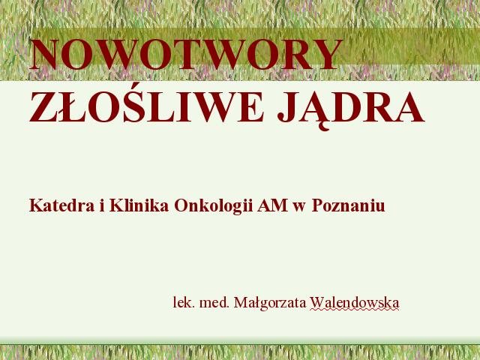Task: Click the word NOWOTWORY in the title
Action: click(x=185, y=54)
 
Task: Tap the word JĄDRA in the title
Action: click(x=351, y=109)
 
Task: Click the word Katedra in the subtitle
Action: click(x=61, y=205)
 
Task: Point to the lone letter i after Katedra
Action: click(x=102, y=205)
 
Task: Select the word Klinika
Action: click(x=139, y=205)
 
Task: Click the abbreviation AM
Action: click(x=272, y=205)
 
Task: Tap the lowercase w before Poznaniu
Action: click(x=299, y=207)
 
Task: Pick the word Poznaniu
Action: click(x=348, y=205)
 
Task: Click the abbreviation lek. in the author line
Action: click(x=184, y=303)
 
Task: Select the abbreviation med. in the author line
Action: click(x=214, y=303)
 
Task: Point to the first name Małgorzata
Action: click(x=270, y=304)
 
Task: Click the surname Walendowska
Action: click(x=355, y=303)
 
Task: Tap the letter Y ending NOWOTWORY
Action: click(x=327, y=54)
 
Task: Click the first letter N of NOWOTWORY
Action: click(x=45, y=55)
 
